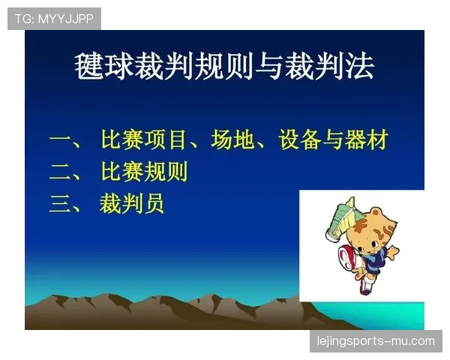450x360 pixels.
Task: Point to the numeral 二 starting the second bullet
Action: click(59, 172)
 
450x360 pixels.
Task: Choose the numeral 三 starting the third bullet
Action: click(59, 204)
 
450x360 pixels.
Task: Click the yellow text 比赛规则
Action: click(143, 172)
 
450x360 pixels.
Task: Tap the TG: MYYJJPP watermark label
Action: click(54, 19)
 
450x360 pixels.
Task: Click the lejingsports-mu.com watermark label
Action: click(375, 341)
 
